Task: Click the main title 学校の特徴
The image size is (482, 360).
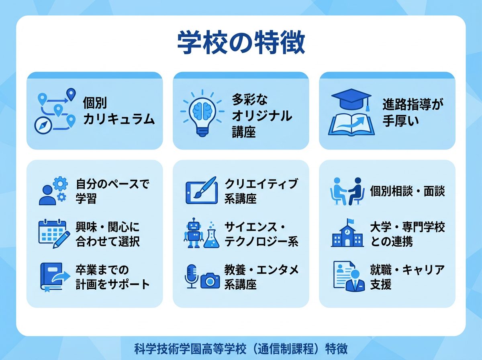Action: tap(241, 43)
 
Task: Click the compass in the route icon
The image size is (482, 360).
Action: tap(44, 125)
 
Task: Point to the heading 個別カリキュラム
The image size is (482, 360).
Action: tap(118, 110)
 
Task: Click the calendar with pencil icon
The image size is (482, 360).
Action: tap(52, 233)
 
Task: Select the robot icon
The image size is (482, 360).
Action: tap(193, 233)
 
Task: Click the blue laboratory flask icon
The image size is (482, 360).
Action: tap(211, 237)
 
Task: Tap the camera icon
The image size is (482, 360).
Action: tap(210, 280)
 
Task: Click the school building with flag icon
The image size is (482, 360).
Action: tap(347, 233)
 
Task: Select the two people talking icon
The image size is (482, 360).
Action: tap(347, 191)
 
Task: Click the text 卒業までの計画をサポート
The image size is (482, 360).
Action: tap(112, 277)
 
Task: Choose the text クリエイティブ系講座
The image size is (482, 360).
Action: tap(261, 191)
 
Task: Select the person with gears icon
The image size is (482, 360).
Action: tap(53, 191)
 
